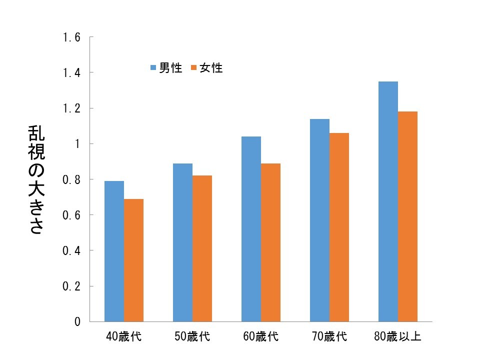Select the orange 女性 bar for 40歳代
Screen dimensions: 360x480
pos(133,260)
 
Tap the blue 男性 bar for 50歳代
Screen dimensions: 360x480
pos(182,242)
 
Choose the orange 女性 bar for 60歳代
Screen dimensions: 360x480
pos(270,242)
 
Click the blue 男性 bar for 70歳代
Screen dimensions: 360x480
pos(319,220)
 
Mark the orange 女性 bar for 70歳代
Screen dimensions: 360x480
pos(339,227)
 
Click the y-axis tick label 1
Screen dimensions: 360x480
pos(77,144)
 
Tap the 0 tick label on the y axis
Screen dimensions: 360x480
pos(77,321)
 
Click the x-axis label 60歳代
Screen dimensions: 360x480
pos(260,336)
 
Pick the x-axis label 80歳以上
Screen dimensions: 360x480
pos(397,336)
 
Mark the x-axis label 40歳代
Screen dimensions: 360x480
pos(123,336)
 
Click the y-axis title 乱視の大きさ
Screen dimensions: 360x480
pos(36,180)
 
